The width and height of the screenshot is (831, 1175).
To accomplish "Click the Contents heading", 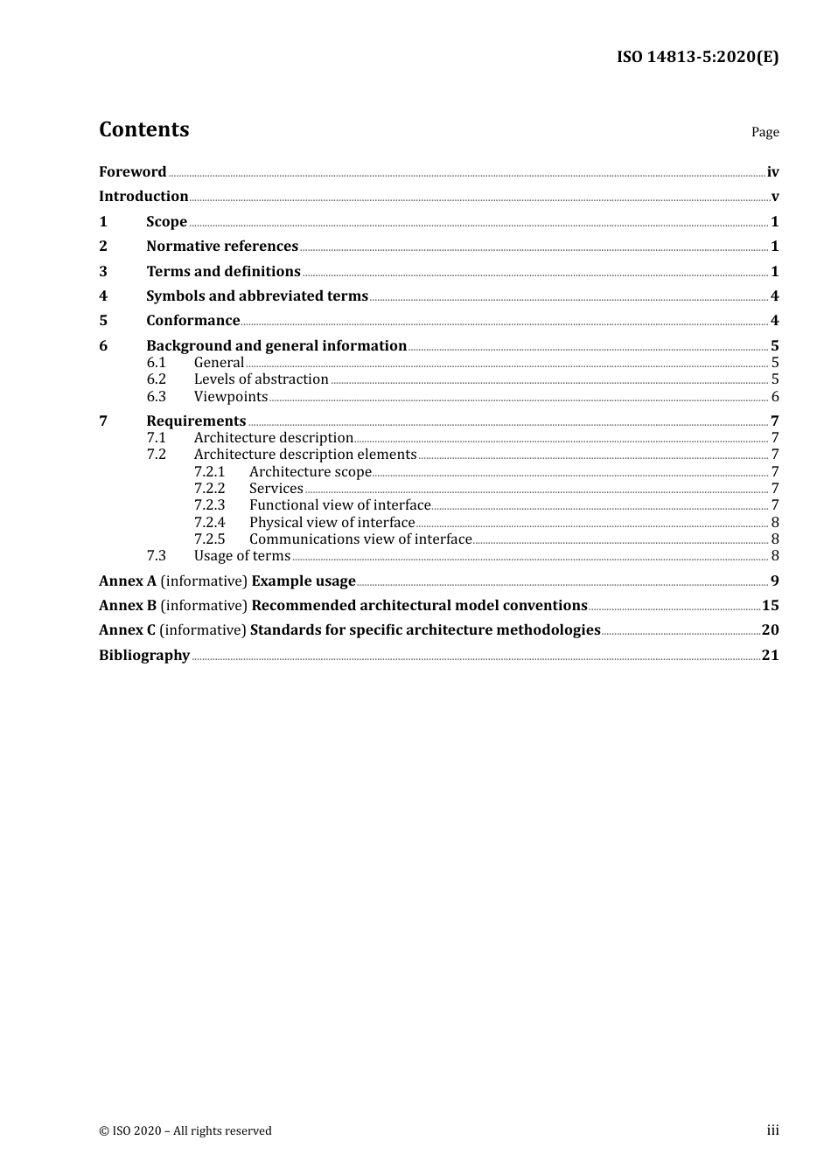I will click(x=143, y=129).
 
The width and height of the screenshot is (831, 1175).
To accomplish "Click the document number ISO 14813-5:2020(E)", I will click(x=697, y=58).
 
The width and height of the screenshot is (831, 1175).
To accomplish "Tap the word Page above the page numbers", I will click(x=765, y=132).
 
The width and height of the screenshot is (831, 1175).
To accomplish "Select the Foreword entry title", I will click(x=132, y=172).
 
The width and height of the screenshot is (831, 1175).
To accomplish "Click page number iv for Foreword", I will click(x=772, y=172).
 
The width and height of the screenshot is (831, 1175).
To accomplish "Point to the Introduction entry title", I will click(x=143, y=197).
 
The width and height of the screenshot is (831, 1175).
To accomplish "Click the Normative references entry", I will click(x=222, y=247).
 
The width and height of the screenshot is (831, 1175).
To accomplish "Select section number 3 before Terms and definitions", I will click(x=103, y=272).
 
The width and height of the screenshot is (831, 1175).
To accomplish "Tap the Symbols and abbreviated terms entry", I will click(x=257, y=296).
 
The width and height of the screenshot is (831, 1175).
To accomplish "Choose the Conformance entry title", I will click(x=192, y=321).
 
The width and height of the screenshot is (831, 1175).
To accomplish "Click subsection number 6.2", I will click(x=156, y=379).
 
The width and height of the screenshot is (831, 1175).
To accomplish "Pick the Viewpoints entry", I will click(x=231, y=397).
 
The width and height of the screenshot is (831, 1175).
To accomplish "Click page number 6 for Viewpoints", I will click(x=775, y=397).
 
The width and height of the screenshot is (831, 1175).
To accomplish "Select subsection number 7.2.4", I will click(x=209, y=523).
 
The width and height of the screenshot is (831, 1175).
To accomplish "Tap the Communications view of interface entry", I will click(x=360, y=539).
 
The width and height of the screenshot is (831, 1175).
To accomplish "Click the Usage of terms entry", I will click(x=242, y=556).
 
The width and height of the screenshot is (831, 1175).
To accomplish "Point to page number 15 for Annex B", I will click(x=770, y=606).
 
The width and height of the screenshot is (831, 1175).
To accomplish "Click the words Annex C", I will click(x=127, y=630).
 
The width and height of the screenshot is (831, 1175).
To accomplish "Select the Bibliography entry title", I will click(x=144, y=656).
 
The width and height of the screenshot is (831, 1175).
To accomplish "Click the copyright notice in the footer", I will click(x=185, y=1131).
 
